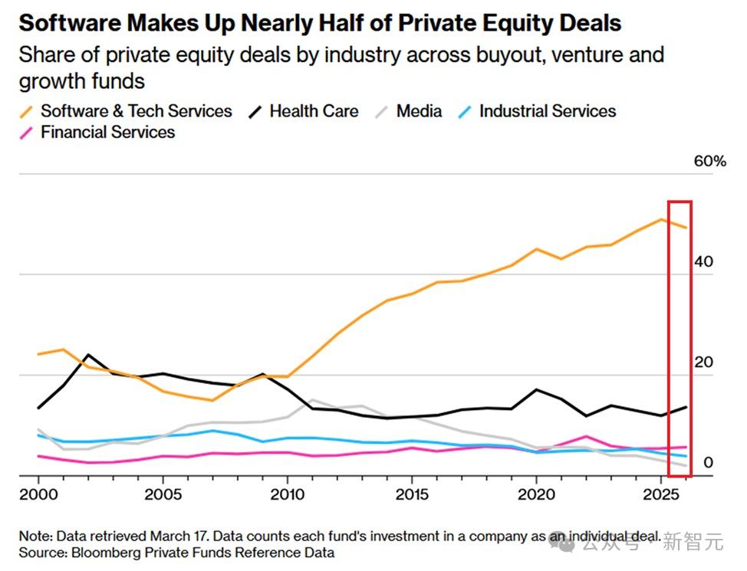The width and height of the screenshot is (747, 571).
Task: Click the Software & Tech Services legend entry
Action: coord(126,111)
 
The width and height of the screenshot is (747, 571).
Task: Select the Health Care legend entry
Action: coord(304,111)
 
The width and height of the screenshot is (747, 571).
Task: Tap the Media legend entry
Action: coord(409,111)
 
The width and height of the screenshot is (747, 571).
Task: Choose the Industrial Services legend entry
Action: coord(537,111)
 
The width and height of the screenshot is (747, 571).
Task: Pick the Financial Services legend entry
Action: coord(97,132)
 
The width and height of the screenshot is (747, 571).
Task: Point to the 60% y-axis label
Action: coord(710,161)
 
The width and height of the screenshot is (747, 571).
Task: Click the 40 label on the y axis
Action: coord(703,261)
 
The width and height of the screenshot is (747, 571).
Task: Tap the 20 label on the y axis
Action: coord(703,363)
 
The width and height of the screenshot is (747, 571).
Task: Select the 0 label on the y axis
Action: coord(709,462)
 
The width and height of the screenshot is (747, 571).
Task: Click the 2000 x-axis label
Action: coord(38,494)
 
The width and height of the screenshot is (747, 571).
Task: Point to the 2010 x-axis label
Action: coord(288,494)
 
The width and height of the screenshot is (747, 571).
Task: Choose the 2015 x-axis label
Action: coord(412,494)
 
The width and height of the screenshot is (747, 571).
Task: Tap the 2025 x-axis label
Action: coord(661,494)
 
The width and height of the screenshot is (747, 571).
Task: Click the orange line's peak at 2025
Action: coord(661,219)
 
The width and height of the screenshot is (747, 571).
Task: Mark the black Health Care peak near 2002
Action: coord(88,355)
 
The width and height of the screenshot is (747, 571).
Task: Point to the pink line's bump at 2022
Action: coord(586,436)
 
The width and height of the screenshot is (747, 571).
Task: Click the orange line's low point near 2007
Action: coord(212,401)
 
